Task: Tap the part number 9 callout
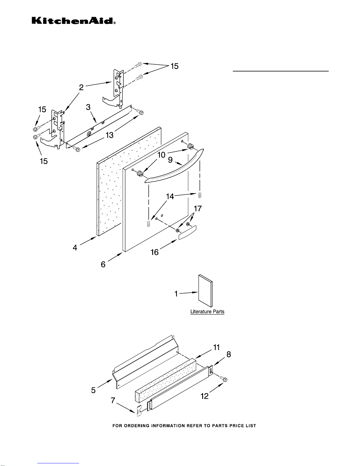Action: (170, 160)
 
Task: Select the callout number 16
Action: (155, 252)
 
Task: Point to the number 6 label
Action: (103, 264)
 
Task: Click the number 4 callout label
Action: (75, 248)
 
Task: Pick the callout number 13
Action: (109, 135)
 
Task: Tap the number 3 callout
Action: (88, 107)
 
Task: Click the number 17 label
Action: (198, 208)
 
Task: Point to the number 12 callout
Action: (205, 396)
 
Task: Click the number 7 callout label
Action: (113, 400)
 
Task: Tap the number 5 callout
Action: (93, 390)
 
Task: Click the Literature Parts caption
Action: (207, 312)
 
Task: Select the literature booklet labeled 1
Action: (205, 291)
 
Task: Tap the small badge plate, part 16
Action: (187, 232)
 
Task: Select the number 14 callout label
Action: (170, 196)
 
